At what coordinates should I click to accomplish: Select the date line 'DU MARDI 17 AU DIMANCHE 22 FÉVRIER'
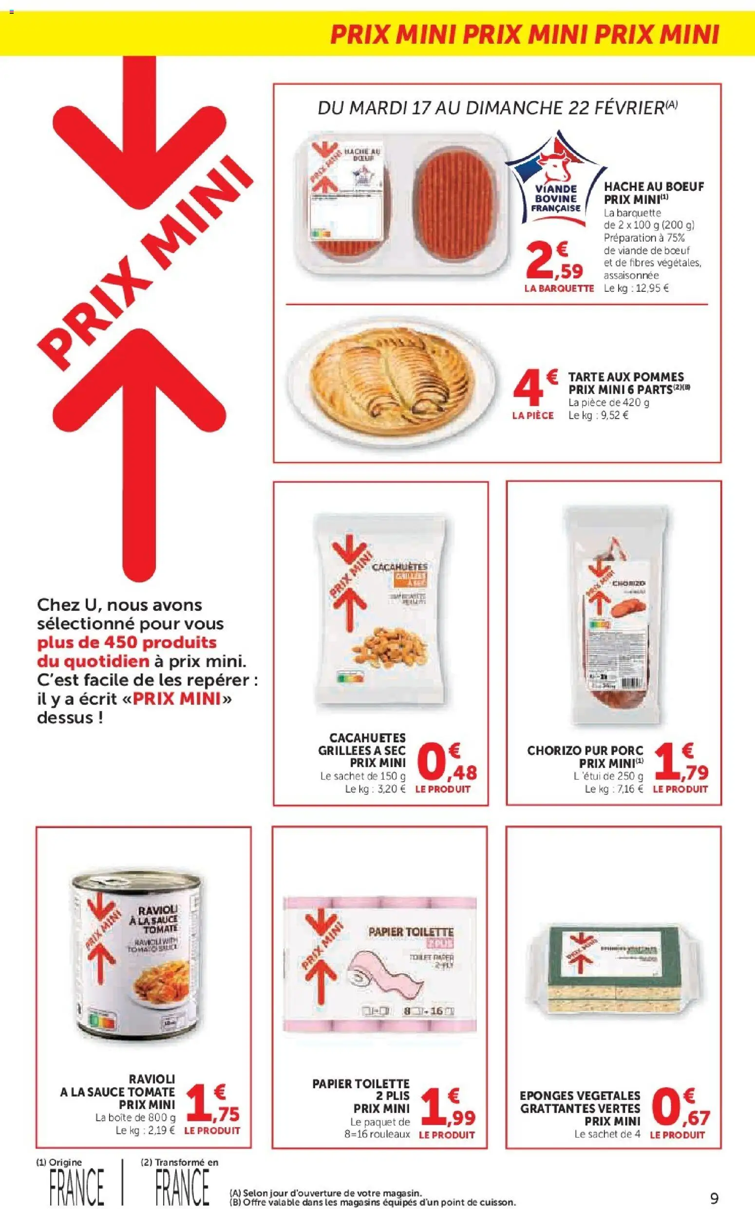(x=497, y=109)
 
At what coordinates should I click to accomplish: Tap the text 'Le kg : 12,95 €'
(x=636, y=288)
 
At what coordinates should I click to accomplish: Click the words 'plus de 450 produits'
(x=127, y=642)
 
